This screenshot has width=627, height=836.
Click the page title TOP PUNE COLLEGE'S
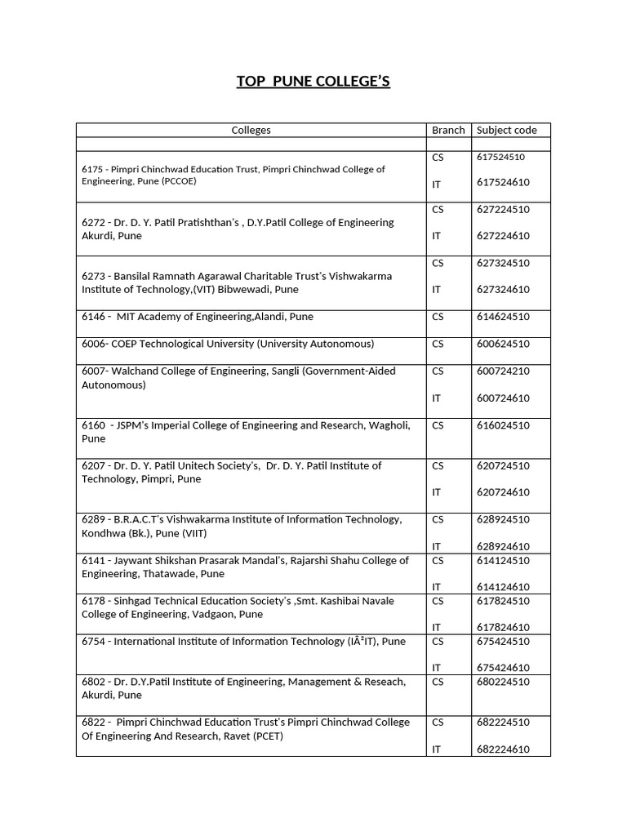[x=313, y=82]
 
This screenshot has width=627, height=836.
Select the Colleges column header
[x=251, y=130]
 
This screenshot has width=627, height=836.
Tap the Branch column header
[x=448, y=130]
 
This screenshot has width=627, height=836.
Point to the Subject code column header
[x=506, y=130]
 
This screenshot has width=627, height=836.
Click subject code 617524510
[x=500, y=157]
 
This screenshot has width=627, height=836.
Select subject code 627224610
[x=503, y=236]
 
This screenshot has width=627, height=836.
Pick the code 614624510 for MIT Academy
[x=503, y=317]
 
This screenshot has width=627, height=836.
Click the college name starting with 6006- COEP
[x=228, y=344]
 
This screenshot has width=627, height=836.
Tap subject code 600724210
[x=503, y=371]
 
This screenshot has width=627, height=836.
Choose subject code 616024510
[x=503, y=425]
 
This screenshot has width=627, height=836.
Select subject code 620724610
[x=503, y=492]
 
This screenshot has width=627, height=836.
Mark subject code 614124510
[x=503, y=561]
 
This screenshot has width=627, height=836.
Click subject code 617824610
[x=503, y=627]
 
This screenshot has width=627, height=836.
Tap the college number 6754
[x=94, y=642]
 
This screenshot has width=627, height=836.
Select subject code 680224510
[x=503, y=682]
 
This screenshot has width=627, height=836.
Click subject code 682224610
[x=503, y=749]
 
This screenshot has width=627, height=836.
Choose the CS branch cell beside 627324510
[x=438, y=263]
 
